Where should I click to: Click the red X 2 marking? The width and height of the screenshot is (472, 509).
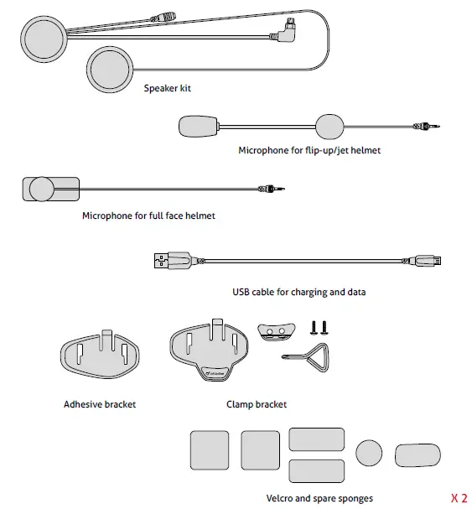tap(458, 496)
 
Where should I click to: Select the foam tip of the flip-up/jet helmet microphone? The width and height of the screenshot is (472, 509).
tap(199, 127)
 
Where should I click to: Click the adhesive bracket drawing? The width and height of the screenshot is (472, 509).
tap(100, 355)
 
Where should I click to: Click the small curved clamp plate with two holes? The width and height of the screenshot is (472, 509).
tap(276, 330)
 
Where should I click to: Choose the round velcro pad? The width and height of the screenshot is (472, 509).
tap(369, 453)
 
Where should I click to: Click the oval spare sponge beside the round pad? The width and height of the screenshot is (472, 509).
tap(418, 454)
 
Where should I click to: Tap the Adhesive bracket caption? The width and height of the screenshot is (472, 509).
tap(100, 404)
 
